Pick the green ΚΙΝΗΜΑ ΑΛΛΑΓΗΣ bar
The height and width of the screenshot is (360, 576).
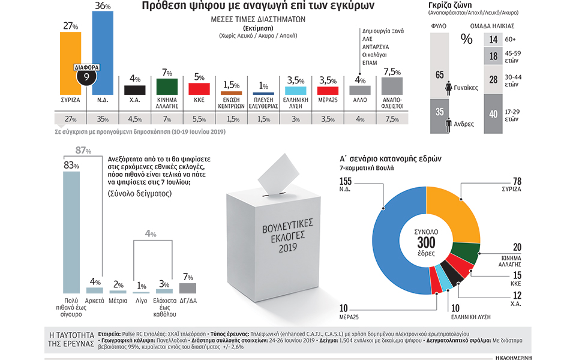click(167, 86)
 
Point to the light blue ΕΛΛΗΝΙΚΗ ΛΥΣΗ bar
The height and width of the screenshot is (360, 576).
click(295, 91)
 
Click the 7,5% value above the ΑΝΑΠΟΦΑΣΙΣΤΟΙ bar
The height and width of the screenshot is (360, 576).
click(392, 72)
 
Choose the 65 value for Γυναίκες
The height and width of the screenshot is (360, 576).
click(439, 75)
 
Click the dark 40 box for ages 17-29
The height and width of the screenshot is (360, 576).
click(493, 115)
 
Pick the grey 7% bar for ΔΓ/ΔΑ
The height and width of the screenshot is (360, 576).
click(187, 288)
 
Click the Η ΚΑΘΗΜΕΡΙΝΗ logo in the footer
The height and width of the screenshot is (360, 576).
click(534, 356)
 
